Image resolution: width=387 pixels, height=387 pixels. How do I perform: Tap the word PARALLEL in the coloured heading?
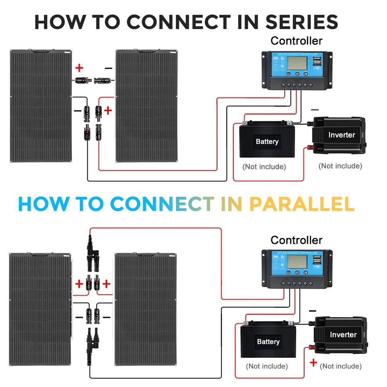(302, 204)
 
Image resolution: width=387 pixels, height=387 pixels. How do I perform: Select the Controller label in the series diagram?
(296, 41)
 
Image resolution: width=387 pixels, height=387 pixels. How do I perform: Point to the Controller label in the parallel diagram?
(296, 240)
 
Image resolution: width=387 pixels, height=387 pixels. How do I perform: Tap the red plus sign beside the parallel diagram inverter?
(313, 363)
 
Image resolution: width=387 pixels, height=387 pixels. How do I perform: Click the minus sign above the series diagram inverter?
(315, 110)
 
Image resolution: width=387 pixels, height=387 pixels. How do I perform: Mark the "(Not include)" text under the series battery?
(264, 166)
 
